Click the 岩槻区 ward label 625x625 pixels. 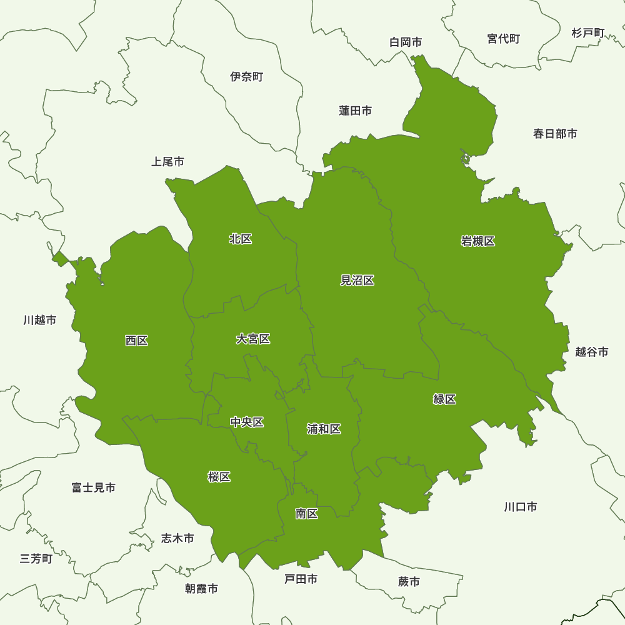(x=478, y=241)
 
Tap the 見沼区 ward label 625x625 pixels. (x=357, y=281)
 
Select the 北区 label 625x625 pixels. (x=241, y=239)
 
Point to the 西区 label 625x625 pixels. (x=136, y=341)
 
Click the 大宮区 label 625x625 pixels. (x=253, y=339)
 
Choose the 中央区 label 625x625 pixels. (x=247, y=422)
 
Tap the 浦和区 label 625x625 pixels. (x=324, y=429)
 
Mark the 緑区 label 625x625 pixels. (x=444, y=399)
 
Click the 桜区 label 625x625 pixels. (x=219, y=477)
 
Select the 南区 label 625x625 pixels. (x=307, y=514)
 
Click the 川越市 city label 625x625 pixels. (x=40, y=320)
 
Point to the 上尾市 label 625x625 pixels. (x=167, y=162)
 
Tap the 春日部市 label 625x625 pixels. (x=555, y=134)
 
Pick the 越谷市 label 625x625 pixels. (x=591, y=352)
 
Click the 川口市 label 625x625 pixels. (x=520, y=507)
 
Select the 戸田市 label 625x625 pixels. (x=301, y=579)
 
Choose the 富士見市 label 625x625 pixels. (x=94, y=487)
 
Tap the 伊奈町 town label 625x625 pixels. (x=246, y=77)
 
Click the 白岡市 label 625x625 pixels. (x=406, y=42)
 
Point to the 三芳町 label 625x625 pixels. (x=36, y=559)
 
